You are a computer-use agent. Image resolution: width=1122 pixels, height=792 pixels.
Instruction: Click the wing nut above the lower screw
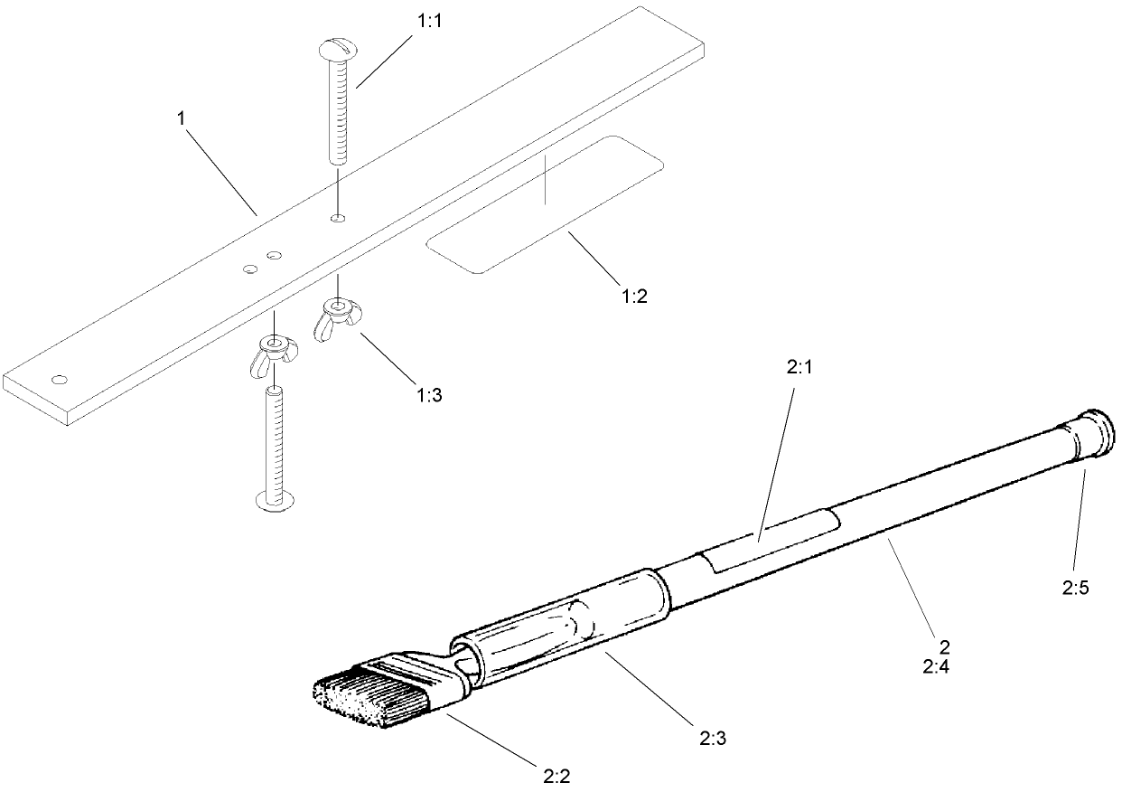[x=270, y=351]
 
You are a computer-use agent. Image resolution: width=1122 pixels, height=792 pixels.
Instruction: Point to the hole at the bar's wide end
[x=61, y=378]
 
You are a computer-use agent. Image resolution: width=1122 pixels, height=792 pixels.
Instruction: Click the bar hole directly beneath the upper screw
[x=337, y=218]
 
